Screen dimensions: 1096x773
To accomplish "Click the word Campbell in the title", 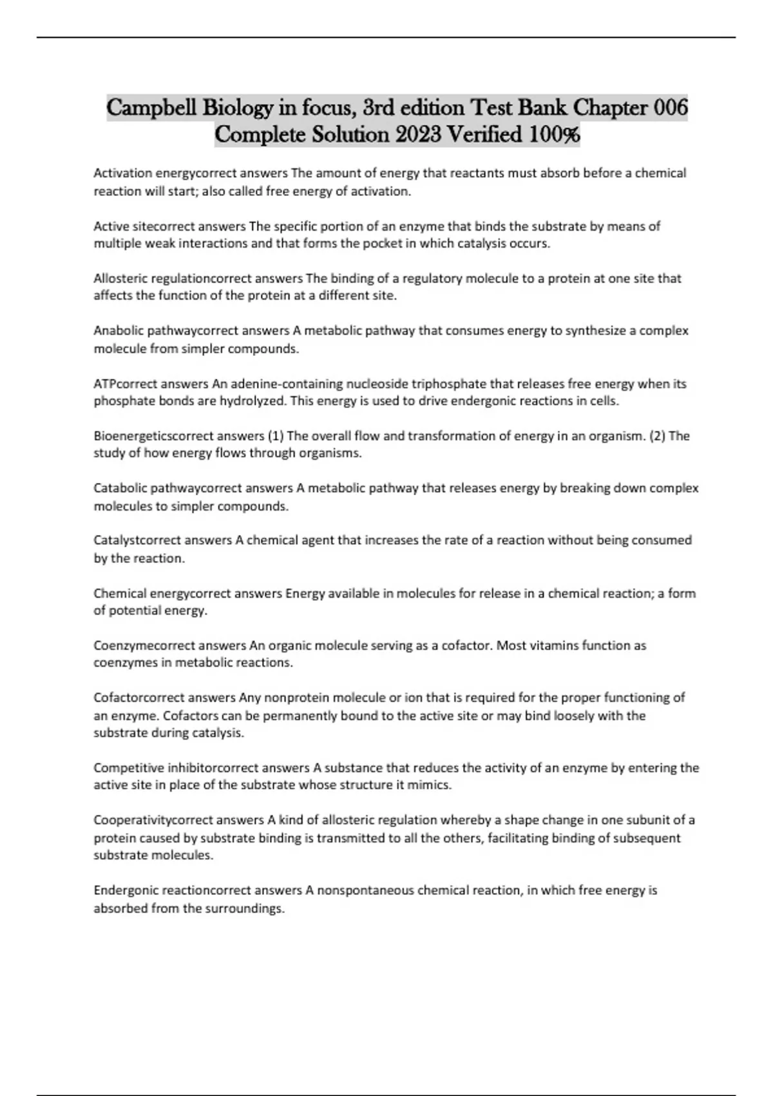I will (152, 107).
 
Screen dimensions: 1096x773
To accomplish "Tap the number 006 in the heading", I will (671, 107).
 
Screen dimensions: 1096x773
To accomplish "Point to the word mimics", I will (432, 785).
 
